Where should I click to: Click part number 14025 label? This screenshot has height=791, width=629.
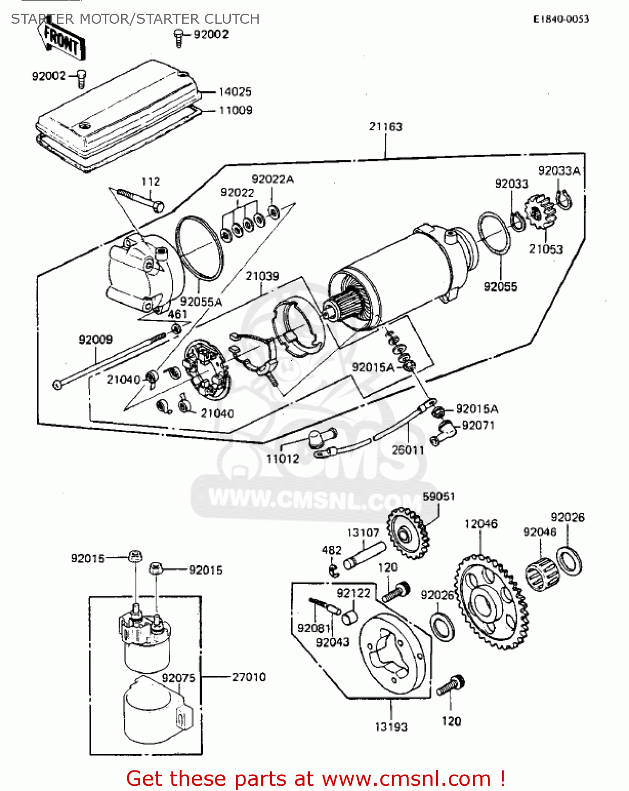point(235,92)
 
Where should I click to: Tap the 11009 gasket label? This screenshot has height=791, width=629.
point(235,110)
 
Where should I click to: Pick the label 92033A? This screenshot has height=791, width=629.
point(558,171)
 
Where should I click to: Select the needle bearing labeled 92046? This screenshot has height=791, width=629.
point(540,574)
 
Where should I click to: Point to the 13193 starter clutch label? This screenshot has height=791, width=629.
point(391,727)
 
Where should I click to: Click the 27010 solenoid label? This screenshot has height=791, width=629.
point(249,677)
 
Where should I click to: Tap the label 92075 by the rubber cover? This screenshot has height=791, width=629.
point(178,678)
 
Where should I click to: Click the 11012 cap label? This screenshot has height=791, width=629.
point(282,459)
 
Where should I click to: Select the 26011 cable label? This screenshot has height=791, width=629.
point(408,450)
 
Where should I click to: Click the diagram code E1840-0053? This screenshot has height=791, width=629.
point(561,20)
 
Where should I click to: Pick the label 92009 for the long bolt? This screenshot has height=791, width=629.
point(95,340)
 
